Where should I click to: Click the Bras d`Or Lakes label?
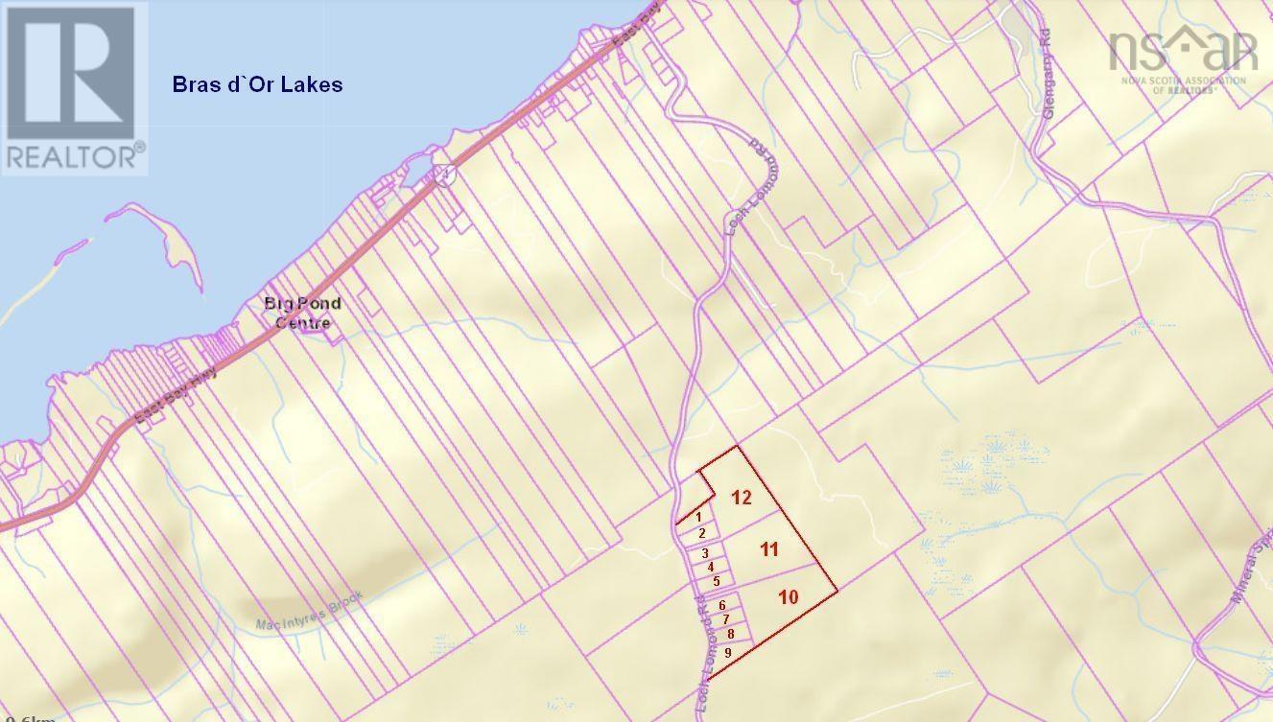tap(257, 84)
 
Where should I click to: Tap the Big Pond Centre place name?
tap(302, 314)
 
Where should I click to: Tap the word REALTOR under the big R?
tap(75, 156)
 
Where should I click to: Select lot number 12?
tap(741, 497)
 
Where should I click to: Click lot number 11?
tap(768, 549)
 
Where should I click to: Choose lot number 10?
tap(789, 596)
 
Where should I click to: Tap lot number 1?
tap(699, 517)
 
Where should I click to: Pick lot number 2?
tap(702, 533)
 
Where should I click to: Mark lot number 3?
tap(706, 553)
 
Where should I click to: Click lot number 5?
tap(717, 581)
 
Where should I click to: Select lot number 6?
tap(721, 605)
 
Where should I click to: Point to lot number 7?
tap(726, 619)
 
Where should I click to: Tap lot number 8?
tap(731, 634)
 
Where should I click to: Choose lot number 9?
tap(729, 653)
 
